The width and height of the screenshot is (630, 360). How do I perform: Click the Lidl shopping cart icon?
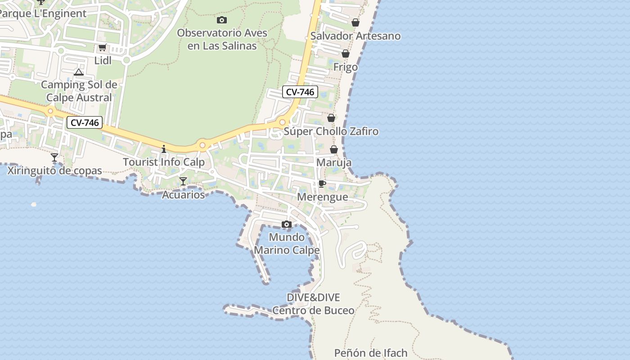[x=102, y=48]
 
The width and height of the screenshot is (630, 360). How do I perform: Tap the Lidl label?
[x=103, y=60]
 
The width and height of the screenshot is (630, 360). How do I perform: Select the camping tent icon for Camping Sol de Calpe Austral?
[x=79, y=72]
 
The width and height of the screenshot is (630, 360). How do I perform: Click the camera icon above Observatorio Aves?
[x=221, y=20]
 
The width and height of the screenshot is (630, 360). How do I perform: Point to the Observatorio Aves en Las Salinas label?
[x=222, y=39]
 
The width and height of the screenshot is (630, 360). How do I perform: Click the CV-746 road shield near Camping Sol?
[x=85, y=122]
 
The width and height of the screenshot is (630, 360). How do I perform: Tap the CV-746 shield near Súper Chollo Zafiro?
[x=300, y=92]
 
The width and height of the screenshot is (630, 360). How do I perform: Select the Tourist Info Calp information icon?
[x=164, y=149]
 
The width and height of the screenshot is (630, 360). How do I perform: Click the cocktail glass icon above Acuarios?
[x=183, y=181]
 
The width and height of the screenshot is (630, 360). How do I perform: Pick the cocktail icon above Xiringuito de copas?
[x=54, y=157]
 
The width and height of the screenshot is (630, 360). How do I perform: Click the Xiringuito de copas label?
[x=54, y=171]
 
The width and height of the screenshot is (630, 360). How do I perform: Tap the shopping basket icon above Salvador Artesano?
[x=355, y=22]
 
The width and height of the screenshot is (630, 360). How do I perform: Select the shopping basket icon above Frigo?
[x=346, y=54]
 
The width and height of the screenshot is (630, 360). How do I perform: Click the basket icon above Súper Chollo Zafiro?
[x=331, y=118]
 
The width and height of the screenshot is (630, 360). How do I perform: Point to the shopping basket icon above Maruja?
[x=334, y=149]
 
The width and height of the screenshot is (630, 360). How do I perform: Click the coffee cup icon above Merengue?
[x=322, y=184]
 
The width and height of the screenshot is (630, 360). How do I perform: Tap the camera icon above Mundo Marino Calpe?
[x=287, y=224]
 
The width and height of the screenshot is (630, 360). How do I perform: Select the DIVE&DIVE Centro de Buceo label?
[x=313, y=304]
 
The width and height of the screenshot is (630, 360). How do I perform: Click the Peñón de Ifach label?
[x=370, y=353]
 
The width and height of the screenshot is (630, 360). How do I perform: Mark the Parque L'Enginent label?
[x=43, y=13]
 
